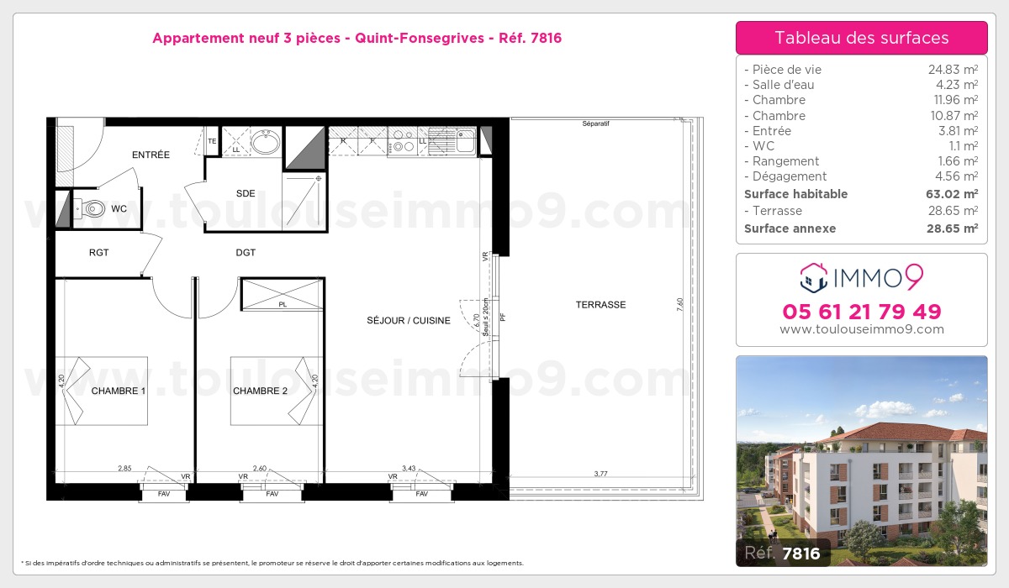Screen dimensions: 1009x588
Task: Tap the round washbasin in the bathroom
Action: [x=266, y=142]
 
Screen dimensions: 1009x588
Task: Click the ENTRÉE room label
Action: [x=151, y=155]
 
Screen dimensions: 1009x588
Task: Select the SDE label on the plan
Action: [x=246, y=193]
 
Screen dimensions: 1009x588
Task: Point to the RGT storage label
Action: [x=98, y=252]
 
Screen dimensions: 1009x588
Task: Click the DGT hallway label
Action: [x=246, y=252]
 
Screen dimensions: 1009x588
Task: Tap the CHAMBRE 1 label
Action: [x=119, y=391]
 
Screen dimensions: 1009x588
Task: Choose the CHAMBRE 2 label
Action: [x=260, y=391]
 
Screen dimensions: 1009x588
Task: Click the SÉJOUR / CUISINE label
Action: [x=409, y=320]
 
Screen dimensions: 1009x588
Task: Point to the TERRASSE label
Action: [x=601, y=305]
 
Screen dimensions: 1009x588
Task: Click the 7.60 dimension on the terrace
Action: [x=679, y=305]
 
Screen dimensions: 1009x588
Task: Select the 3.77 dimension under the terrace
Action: [x=601, y=474]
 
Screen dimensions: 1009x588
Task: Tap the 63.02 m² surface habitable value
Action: [x=952, y=194]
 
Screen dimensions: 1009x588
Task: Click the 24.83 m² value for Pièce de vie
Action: [x=953, y=70]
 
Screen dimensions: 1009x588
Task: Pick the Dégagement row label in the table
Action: [x=790, y=176]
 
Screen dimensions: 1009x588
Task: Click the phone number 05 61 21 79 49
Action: [x=862, y=312]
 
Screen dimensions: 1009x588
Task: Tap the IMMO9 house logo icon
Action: [x=814, y=277]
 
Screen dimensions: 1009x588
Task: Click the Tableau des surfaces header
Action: [x=862, y=38]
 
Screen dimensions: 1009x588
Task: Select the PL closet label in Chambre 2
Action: [x=283, y=305]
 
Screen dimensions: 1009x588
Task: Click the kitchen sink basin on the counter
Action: [x=466, y=140]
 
